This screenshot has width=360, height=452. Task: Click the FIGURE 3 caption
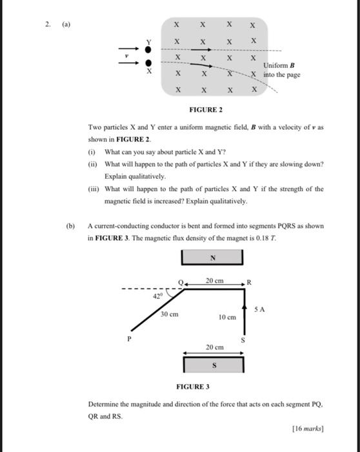pos(193,386)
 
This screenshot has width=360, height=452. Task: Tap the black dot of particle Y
pos(149,49)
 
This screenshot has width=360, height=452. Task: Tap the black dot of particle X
pos(149,63)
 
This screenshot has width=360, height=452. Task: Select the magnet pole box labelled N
pos(212,256)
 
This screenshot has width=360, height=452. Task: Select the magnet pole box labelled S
pos(214,365)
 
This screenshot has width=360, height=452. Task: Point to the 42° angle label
pos(157,296)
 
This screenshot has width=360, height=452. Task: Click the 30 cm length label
pos(170,314)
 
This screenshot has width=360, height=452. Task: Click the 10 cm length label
pos(226,318)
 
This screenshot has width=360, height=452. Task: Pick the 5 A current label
pos(260,309)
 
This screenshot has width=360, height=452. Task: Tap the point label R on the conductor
pos(250,282)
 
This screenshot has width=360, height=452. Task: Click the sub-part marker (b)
pos(70,227)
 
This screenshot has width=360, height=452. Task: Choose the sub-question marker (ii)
pos(92,164)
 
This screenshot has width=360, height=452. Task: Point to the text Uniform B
pos(279,66)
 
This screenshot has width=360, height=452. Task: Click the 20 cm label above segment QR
pos(215,280)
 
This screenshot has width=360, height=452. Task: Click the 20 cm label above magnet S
pos(215,347)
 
